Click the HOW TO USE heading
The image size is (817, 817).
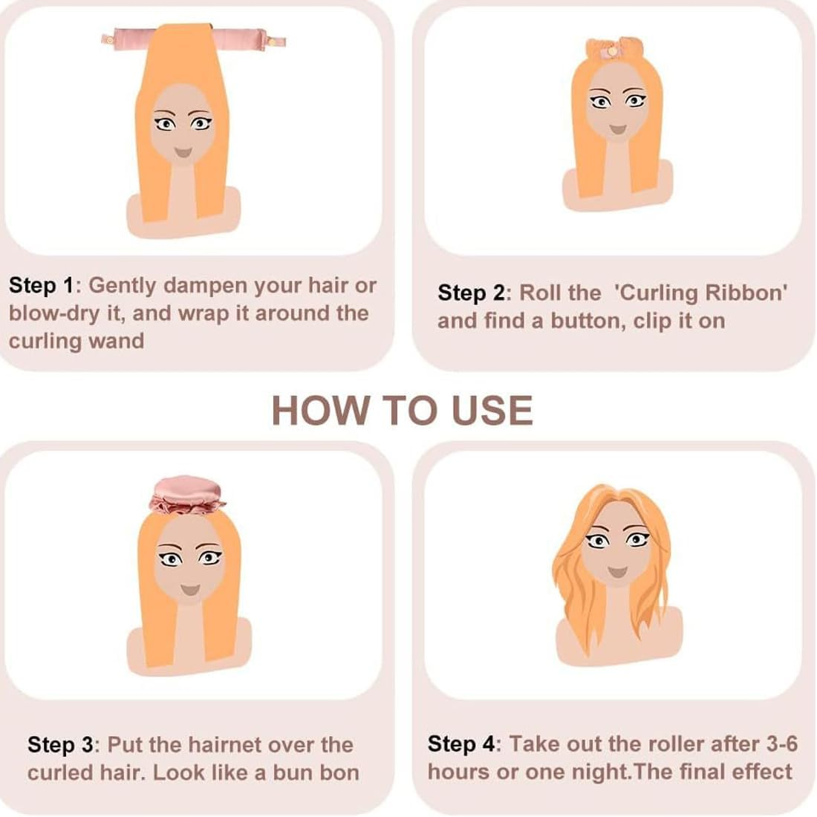pyautogui.click(x=402, y=410)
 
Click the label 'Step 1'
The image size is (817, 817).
pyautogui.click(x=42, y=285)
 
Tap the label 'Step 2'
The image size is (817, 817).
pyautogui.click(x=471, y=293)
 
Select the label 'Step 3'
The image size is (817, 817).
pyautogui.click(x=61, y=744)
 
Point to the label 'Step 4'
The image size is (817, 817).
pyautogui.click(x=460, y=743)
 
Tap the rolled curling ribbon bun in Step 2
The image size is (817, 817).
pyautogui.click(x=611, y=50)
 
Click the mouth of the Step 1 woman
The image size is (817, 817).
pyautogui.click(x=183, y=152)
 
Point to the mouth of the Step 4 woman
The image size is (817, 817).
pyautogui.click(x=616, y=572)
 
